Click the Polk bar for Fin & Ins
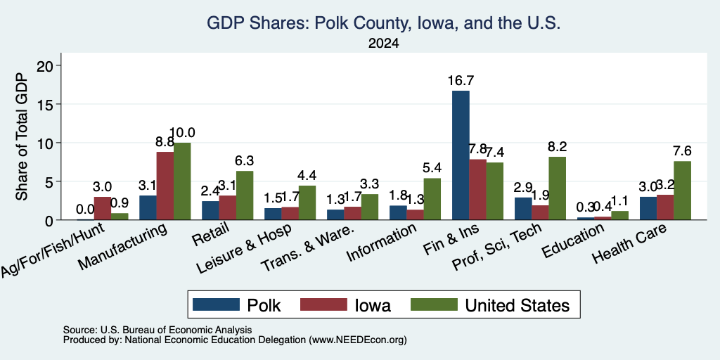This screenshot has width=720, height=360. (461, 155)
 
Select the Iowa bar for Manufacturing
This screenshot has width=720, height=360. (165, 186)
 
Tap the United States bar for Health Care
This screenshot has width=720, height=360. (682, 191)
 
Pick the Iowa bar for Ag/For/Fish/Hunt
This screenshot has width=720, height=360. (103, 208)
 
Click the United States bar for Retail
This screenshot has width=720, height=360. (244, 195)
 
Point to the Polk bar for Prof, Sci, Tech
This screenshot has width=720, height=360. (523, 209)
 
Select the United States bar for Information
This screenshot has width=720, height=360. (432, 199)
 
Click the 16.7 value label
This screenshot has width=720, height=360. (461, 81)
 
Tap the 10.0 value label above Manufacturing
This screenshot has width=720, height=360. (182, 133)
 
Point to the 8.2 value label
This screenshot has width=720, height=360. (558, 146)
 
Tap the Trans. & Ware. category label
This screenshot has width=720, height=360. (307, 248)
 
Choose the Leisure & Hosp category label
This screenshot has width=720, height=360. (244, 249)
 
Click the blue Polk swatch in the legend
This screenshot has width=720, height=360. (216, 304)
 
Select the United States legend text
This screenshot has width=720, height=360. (517, 305)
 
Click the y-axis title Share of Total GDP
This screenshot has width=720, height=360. (22, 136)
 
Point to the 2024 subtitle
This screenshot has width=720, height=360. (383, 44)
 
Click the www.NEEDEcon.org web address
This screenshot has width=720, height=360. (358, 340)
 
